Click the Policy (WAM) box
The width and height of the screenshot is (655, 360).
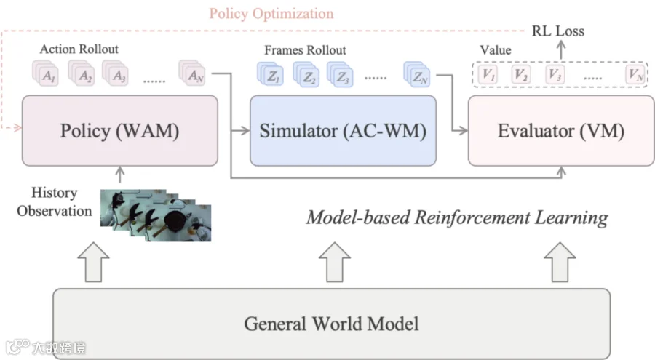(x=120, y=131)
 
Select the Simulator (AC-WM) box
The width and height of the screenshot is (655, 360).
(x=343, y=131)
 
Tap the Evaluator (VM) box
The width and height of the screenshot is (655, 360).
(x=561, y=131)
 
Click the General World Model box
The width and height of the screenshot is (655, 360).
(x=332, y=323)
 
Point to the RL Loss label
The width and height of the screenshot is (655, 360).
(x=557, y=31)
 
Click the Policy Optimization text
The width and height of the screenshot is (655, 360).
(x=271, y=13)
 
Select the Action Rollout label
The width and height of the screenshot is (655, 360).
(x=79, y=49)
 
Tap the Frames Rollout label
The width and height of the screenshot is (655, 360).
(x=305, y=50)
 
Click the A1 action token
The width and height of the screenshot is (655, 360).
(x=46, y=73)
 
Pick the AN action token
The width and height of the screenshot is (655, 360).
(x=192, y=73)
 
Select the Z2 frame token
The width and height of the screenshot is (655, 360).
(x=306, y=75)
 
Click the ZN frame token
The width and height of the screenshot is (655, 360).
(x=417, y=75)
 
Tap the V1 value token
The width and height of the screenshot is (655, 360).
(x=488, y=75)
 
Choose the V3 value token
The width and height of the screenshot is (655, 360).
(x=555, y=75)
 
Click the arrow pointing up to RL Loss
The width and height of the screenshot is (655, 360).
(x=561, y=50)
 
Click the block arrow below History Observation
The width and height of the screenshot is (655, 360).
(x=94, y=262)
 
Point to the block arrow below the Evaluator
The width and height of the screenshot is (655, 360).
(x=560, y=262)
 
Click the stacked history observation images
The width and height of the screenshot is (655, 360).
(x=156, y=215)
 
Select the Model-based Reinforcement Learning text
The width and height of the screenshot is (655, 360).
(x=457, y=217)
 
